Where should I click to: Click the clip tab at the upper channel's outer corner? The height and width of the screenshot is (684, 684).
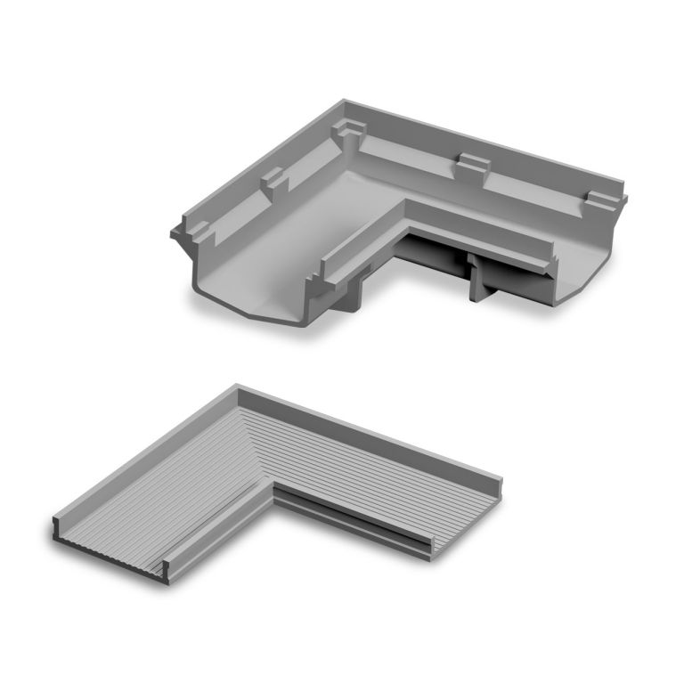(x=350, y=133)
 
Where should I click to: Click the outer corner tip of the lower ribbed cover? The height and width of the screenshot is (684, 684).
(x=238, y=388)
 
